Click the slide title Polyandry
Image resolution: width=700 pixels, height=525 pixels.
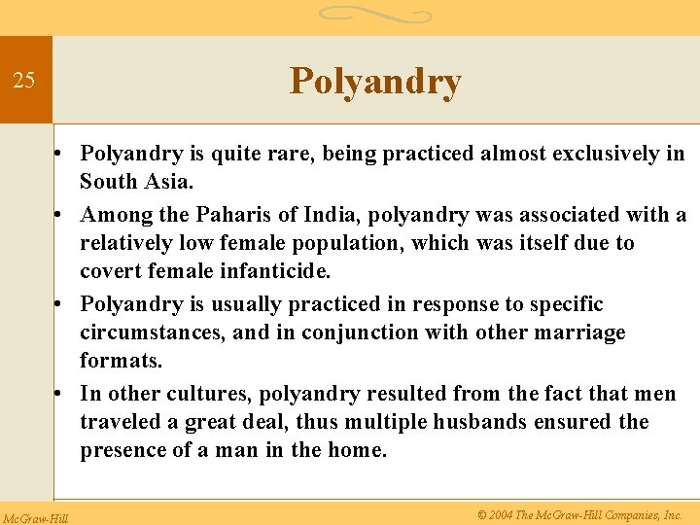click(x=375, y=82)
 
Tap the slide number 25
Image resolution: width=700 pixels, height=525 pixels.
click(x=24, y=81)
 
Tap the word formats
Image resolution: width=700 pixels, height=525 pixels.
click(x=121, y=361)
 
